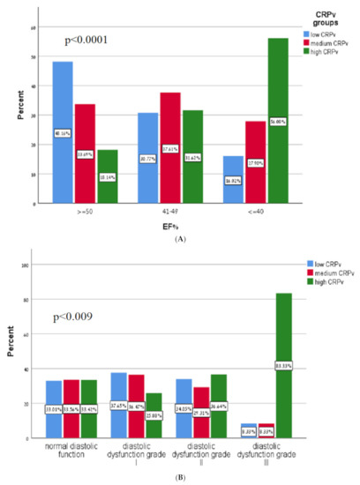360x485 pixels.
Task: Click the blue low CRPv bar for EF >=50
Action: click(x=63, y=132)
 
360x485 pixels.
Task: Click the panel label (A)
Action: click(x=181, y=238)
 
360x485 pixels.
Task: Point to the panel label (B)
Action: click(x=181, y=477)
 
